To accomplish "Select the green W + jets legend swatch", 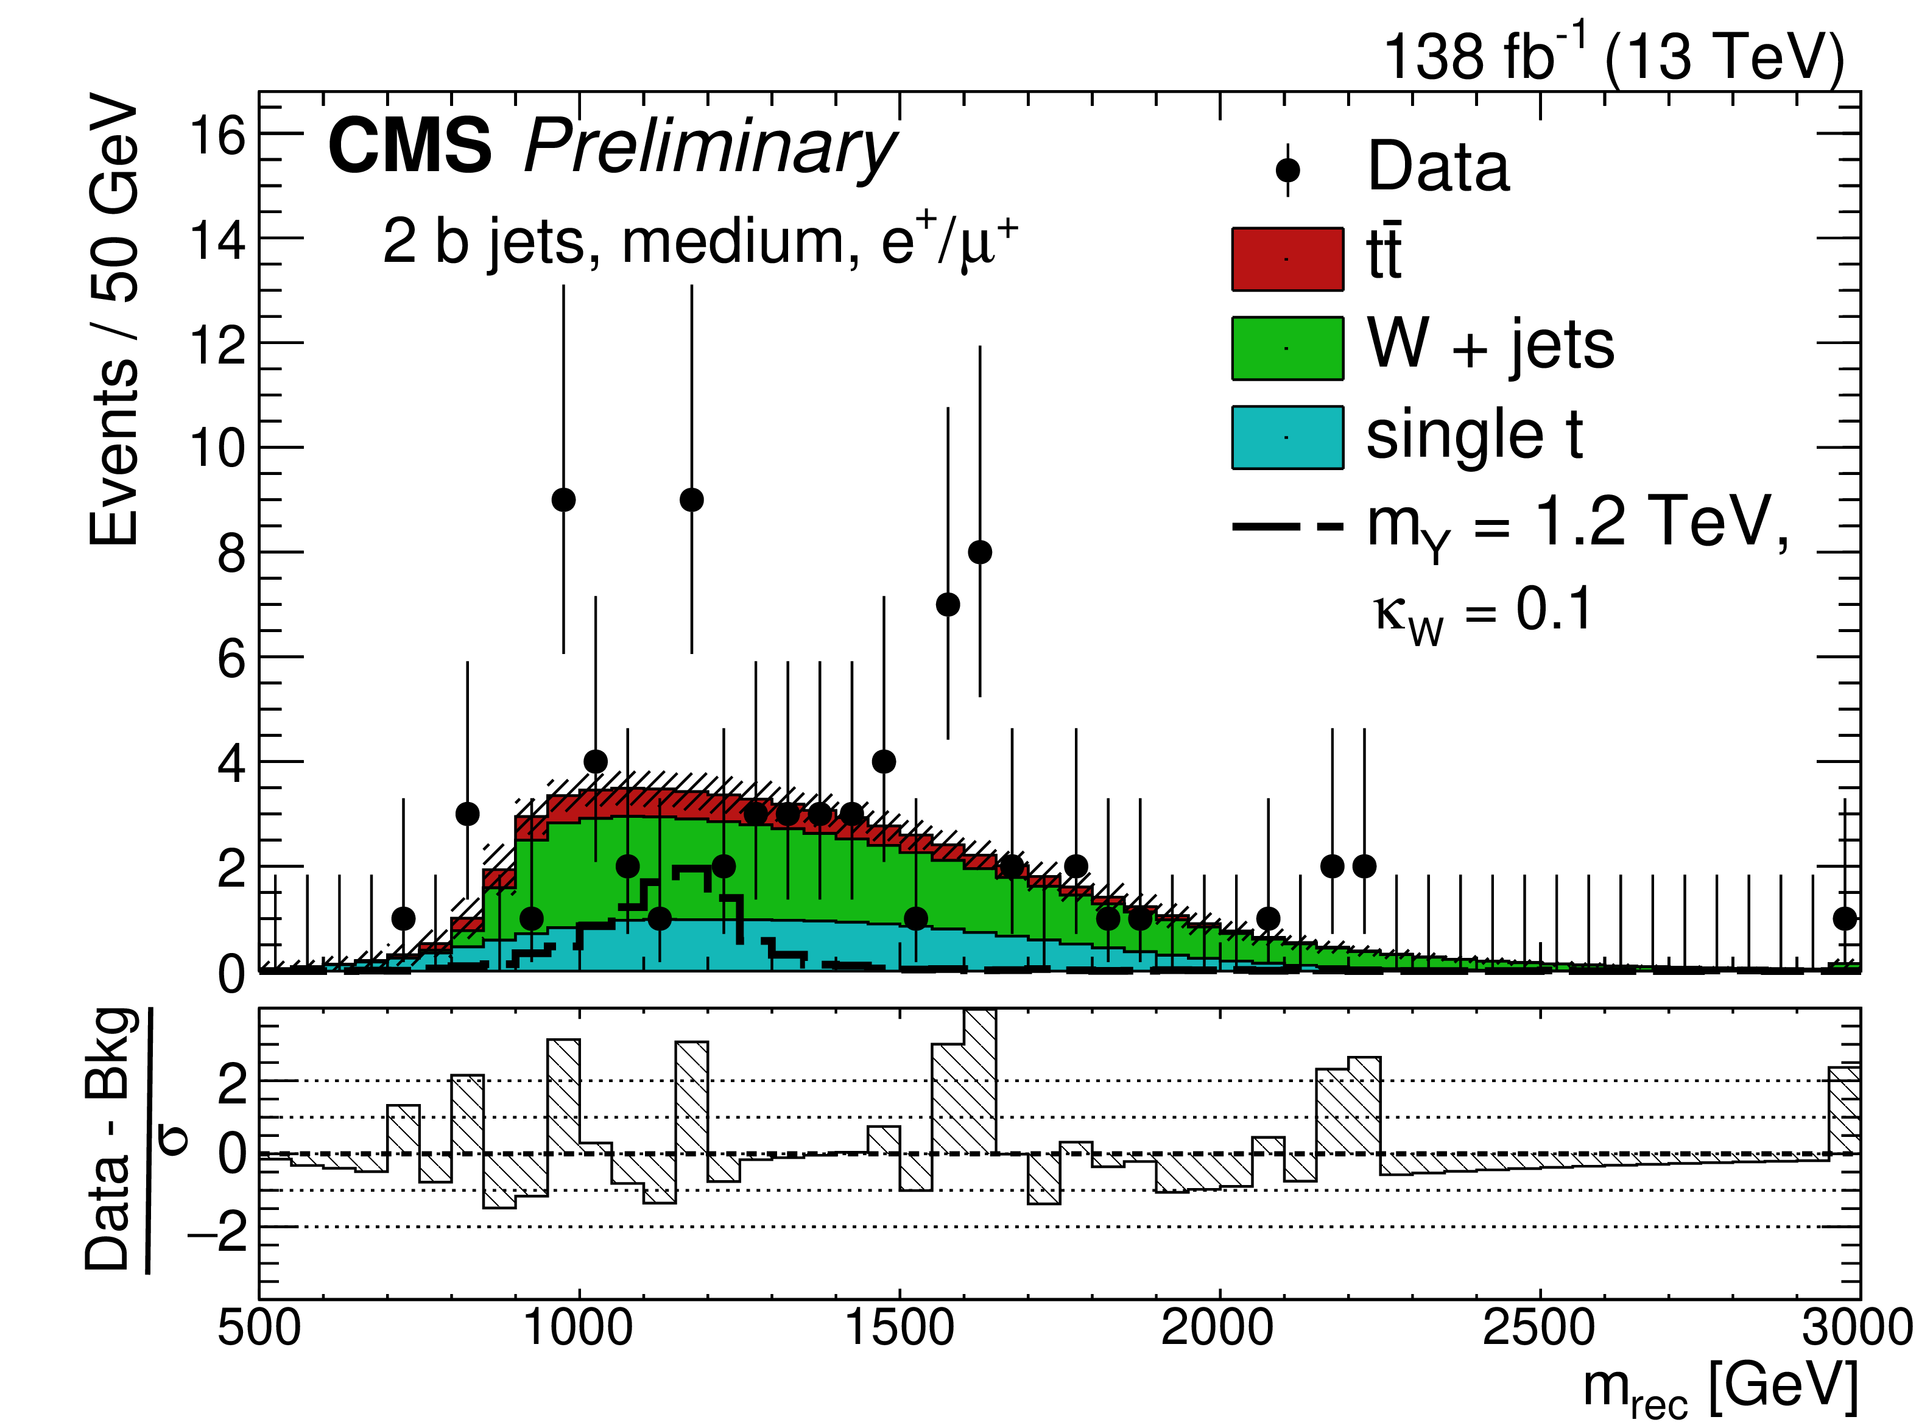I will tap(1287, 348).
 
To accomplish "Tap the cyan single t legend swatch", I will tap(1287, 437).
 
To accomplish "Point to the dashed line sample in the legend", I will tap(1287, 526).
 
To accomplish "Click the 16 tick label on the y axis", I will tap(218, 136).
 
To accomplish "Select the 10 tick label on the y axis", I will tap(218, 449).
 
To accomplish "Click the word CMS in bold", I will tap(410, 147).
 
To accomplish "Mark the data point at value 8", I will tap(979, 552).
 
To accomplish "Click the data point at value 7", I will tap(948, 604).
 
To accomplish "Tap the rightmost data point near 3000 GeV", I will tap(1845, 918).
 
